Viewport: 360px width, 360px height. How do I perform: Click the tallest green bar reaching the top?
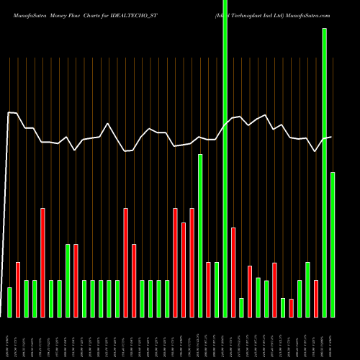[225, 158]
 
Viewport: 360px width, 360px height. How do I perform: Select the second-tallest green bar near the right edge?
[324, 173]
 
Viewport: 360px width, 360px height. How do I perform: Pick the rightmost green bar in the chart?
[333, 245]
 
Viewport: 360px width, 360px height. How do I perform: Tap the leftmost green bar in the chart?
[9, 302]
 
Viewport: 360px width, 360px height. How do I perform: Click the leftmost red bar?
[18, 289]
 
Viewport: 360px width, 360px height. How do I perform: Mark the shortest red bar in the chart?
[291, 308]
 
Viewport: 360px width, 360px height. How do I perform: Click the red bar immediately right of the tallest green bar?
[233, 272]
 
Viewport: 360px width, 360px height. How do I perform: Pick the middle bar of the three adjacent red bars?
[184, 270]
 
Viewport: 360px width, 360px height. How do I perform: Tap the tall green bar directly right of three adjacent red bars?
[200, 235]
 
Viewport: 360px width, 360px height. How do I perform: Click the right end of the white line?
[331, 137]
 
